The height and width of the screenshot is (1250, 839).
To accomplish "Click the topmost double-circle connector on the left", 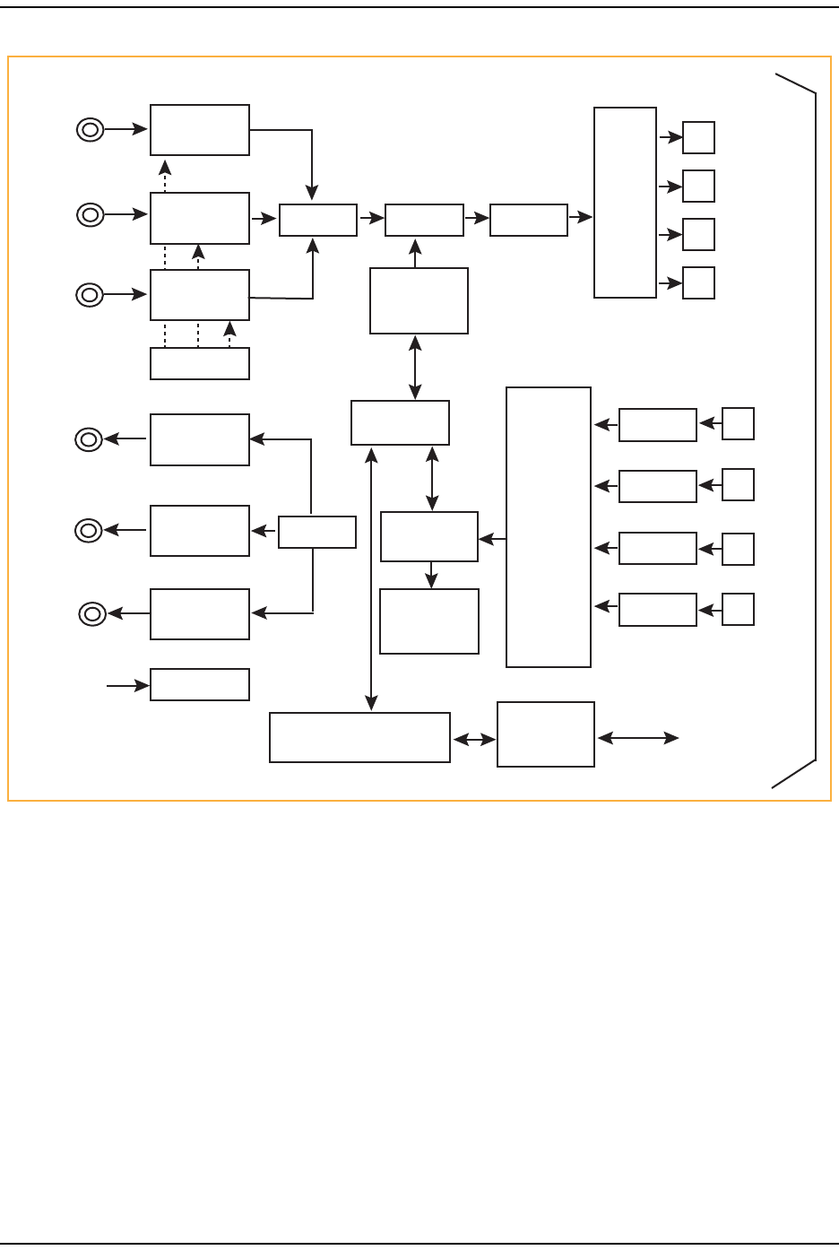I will [90, 130].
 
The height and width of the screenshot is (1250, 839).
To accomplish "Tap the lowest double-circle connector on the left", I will [91, 614].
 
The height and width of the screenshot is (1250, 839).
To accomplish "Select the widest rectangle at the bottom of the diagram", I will [359, 737].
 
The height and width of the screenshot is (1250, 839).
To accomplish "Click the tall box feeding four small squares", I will [625, 202].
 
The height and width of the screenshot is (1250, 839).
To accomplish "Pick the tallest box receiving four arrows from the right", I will [548, 527].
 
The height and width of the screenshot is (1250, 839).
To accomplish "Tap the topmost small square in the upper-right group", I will [698, 138].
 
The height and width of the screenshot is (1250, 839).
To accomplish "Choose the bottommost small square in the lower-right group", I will [738, 609].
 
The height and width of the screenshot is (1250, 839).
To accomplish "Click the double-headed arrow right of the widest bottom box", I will [474, 740].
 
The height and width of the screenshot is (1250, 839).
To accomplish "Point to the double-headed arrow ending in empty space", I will [637, 738].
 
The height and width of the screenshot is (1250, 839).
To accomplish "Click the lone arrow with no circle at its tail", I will [126, 686].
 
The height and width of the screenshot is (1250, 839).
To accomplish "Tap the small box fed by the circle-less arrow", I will [199, 684].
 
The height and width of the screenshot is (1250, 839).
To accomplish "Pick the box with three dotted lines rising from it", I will [199, 363].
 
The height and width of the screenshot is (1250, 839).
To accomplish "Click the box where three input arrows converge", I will [317, 220].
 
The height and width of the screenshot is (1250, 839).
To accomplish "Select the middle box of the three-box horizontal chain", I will [424, 220].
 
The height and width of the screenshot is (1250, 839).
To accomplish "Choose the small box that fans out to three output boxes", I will [316, 532].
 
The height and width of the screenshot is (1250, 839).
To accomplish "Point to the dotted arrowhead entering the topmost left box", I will [165, 166].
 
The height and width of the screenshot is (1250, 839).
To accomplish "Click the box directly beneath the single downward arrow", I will [428, 621].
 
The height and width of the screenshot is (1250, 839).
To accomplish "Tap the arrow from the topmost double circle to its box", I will [126, 130].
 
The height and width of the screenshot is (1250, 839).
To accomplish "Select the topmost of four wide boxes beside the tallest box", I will [657, 425].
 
